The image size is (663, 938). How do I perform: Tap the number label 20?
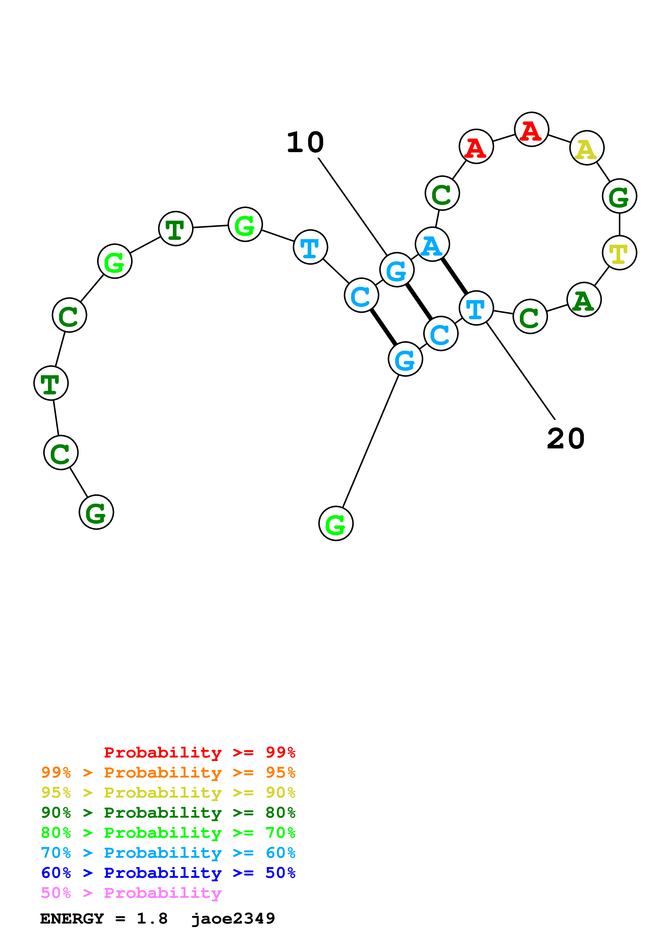(x=565, y=439)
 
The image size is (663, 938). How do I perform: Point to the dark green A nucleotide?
(x=584, y=299)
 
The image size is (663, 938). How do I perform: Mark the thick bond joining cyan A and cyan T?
(x=454, y=276)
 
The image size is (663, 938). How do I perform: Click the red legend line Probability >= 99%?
(x=199, y=752)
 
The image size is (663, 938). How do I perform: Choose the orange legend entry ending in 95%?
(x=168, y=772)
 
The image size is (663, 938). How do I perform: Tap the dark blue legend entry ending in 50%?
(x=168, y=873)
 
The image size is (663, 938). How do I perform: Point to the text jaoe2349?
(x=233, y=918)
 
